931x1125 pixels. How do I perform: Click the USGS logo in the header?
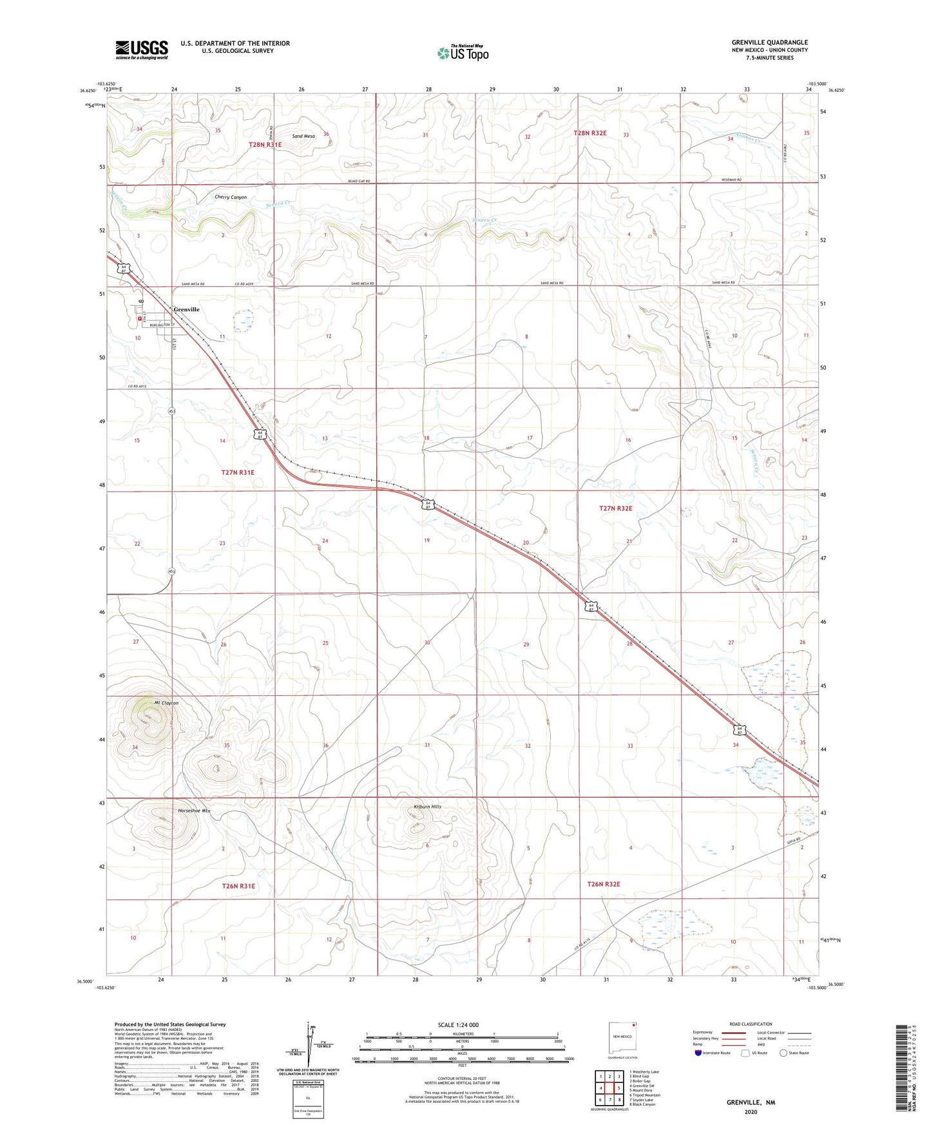142,49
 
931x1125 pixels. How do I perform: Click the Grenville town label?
186,309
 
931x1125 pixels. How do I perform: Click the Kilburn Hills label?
427,807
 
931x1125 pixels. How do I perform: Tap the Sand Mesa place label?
303,136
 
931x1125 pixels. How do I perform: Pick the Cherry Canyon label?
231,197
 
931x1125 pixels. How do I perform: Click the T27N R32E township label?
616,508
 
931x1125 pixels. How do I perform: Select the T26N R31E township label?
238,886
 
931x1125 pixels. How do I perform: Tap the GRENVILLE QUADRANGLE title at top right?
769,43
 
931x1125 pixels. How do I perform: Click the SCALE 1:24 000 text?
459,1024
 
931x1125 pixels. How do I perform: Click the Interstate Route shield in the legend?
700,1053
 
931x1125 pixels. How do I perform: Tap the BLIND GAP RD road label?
358,181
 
